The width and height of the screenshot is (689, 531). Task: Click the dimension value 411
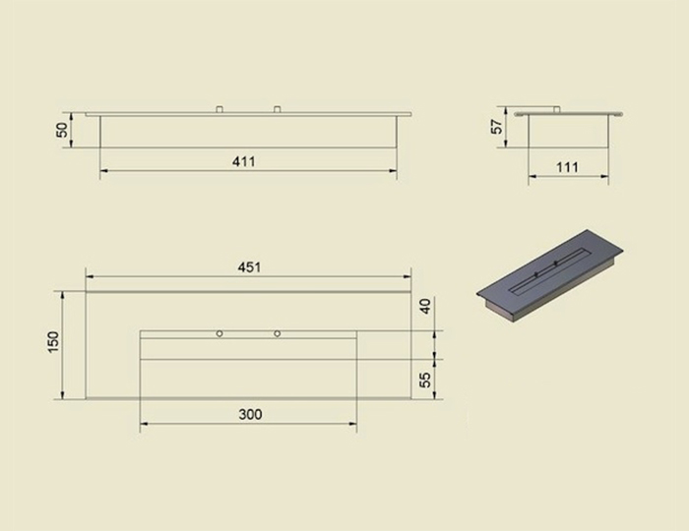click(x=243, y=161)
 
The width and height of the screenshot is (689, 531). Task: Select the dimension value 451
click(x=249, y=267)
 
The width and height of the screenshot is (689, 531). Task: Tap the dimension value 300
click(x=250, y=414)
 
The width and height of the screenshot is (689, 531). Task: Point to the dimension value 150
click(x=52, y=342)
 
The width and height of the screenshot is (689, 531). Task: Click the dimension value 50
click(x=62, y=130)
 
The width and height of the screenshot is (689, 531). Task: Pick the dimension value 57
click(x=497, y=127)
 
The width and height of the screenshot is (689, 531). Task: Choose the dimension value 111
click(x=567, y=167)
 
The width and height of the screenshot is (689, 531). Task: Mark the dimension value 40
click(x=425, y=306)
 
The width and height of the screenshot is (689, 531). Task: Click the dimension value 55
click(x=425, y=380)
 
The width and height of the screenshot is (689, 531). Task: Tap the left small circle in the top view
click(x=219, y=334)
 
